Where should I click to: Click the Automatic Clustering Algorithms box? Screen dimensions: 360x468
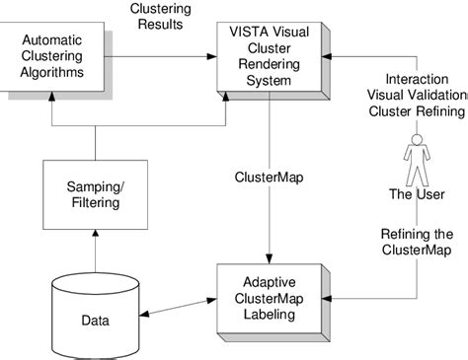pos(57,59)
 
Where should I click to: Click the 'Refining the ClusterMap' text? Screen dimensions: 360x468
pos(415,242)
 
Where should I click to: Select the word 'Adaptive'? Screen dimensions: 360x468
pos(272,277)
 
